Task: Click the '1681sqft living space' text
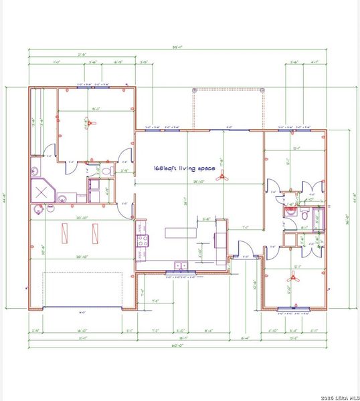[185, 169]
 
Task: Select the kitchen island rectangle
[176, 233]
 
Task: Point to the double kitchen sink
[180, 265]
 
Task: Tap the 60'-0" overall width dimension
[179, 346]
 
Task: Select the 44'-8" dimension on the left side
[6, 198]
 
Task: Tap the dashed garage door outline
[82, 289]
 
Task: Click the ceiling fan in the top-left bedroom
[93, 124]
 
